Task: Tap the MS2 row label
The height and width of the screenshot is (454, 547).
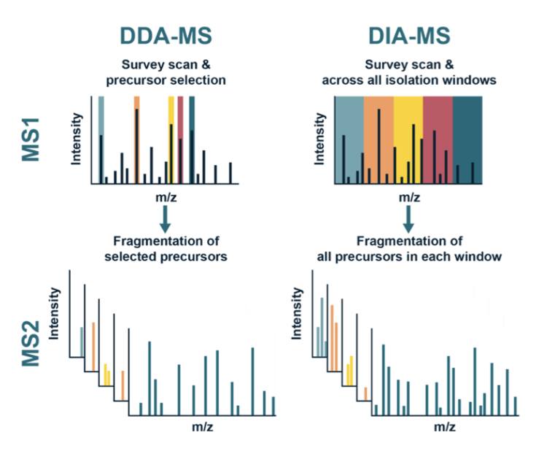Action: point(31,342)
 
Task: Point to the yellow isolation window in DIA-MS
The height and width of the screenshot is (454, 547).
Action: point(408,117)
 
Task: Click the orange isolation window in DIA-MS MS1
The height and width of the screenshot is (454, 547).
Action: point(379,117)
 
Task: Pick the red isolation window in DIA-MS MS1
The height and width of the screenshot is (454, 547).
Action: point(438,117)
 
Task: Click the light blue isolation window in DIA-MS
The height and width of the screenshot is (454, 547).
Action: point(349,117)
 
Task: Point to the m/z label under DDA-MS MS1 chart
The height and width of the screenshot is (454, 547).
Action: point(166,196)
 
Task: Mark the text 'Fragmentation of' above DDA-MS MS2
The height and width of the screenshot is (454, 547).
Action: point(166,241)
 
